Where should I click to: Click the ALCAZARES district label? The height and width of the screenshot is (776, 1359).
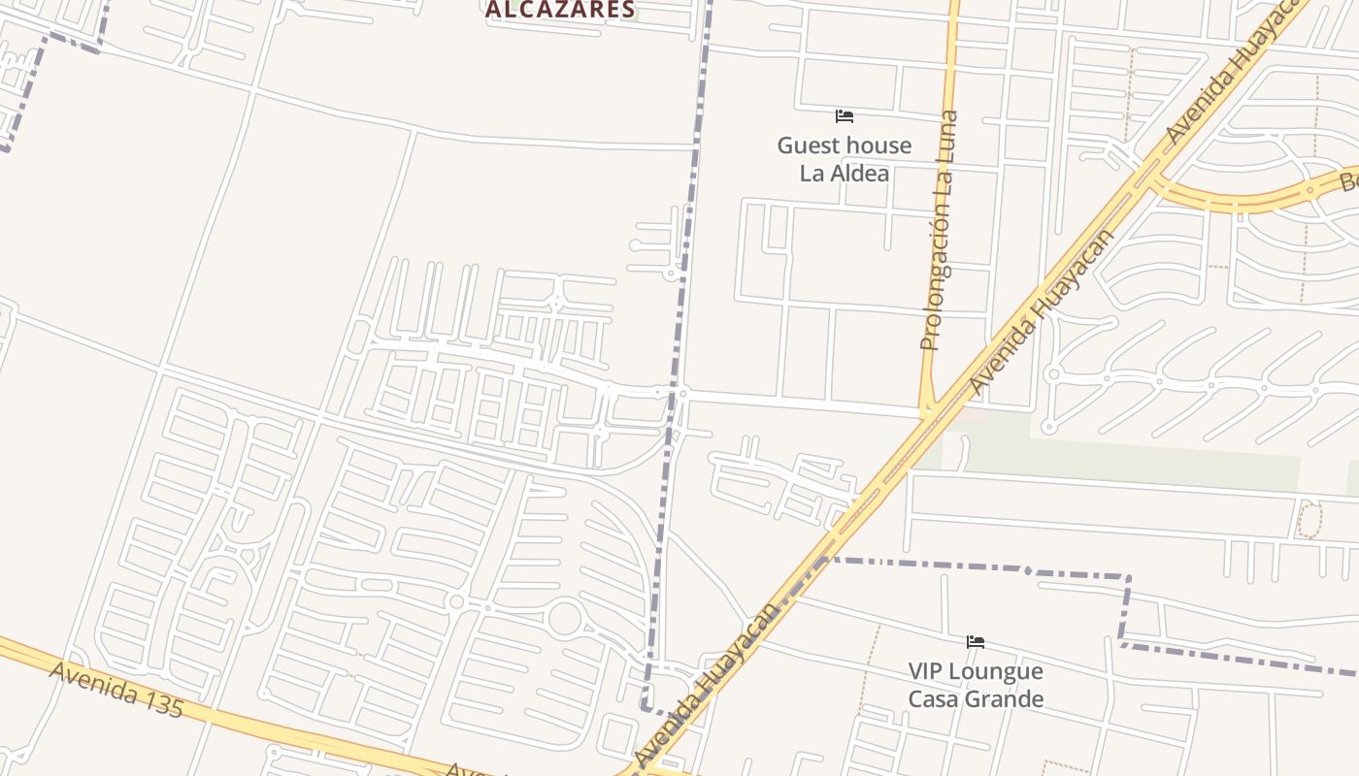click(x=560, y=10)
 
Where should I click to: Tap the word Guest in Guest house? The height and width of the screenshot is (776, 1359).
click(x=810, y=145)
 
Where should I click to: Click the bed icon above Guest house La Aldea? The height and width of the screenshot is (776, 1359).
click(x=845, y=116)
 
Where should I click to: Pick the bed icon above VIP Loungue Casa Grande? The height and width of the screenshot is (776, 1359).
click(x=976, y=642)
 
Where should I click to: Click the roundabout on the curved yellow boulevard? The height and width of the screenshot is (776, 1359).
click(x=1309, y=189)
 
